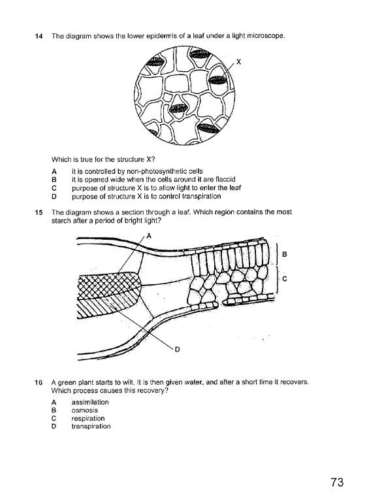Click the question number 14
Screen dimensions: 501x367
tap(37, 36)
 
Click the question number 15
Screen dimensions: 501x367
tap(37, 212)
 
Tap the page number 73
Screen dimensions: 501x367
tap(336, 483)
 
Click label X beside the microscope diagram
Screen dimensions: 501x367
tap(238, 62)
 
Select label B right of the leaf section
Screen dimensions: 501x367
tap(285, 254)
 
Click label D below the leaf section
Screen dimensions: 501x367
tap(176, 349)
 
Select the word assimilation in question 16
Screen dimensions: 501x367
tap(90, 402)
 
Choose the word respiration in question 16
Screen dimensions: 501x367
tap(88, 418)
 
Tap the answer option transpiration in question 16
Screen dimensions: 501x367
tap(91, 426)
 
